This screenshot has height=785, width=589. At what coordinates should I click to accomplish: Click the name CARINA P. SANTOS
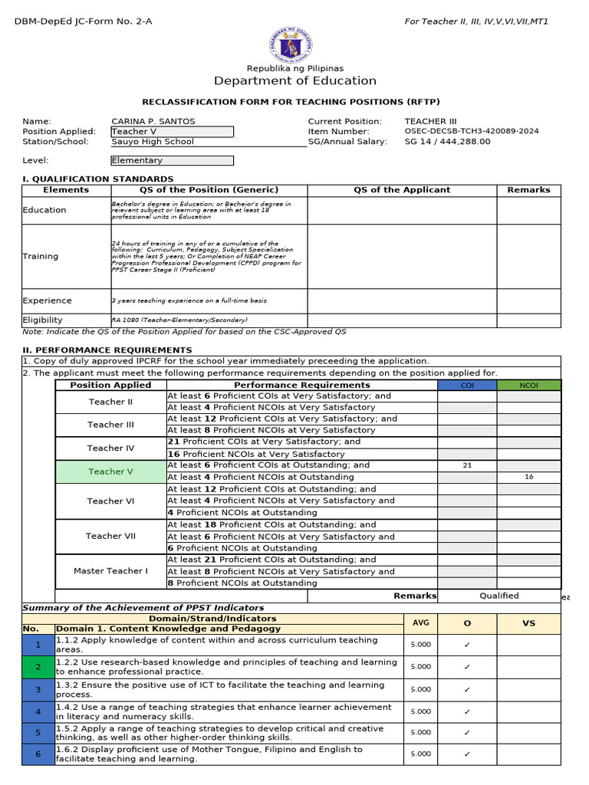[153, 121]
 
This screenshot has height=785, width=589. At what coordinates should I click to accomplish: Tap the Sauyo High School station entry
[153, 142]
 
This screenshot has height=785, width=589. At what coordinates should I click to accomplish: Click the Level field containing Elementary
[172, 160]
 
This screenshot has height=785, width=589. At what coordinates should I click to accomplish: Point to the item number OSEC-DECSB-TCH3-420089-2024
[472, 131]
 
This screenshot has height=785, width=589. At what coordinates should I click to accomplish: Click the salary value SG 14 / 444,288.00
[447, 142]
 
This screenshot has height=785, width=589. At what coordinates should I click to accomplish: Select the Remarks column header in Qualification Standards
[528, 189]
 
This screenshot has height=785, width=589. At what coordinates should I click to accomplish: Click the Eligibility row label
[43, 320]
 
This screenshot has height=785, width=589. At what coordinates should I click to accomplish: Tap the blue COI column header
[466, 386]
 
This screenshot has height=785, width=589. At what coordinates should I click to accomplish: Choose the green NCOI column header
[528, 386]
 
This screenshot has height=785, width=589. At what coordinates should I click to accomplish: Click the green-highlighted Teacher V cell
[110, 471]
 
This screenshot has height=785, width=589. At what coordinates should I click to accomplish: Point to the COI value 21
[467, 465]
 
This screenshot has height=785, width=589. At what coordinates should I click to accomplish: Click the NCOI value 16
[528, 477]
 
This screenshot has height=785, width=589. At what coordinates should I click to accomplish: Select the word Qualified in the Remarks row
[499, 596]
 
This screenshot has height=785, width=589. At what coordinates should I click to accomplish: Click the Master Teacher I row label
[110, 571]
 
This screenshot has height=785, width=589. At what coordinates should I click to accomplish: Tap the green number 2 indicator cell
[38, 667]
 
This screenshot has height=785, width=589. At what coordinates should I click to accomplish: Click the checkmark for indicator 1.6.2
[467, 754]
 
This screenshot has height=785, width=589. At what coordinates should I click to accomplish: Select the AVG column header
[421, 623]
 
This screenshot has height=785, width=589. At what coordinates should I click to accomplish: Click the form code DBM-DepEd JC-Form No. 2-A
[84, 21]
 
